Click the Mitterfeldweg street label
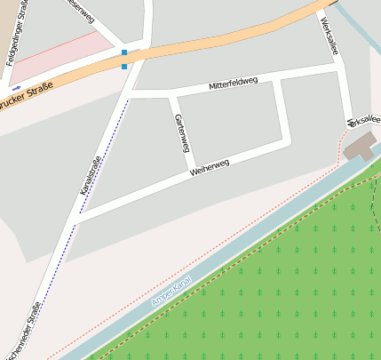[234, 84]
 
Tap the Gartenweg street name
[180, 133]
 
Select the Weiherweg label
[210, 167]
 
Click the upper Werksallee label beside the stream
[329, 36]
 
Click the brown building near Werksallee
[360, 146]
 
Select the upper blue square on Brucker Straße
[124, 53]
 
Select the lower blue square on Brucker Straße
[124, 66]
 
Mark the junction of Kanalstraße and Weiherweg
[77, 216]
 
